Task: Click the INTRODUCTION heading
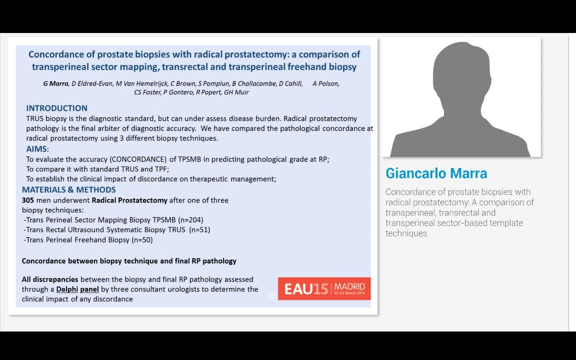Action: click(56, 108)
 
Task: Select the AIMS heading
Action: click(37, 149)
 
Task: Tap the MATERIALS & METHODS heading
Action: click(68, 189)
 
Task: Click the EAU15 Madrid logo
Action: click(324, 288)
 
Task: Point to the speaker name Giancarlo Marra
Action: click(436, 173)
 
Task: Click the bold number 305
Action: click(28, 200)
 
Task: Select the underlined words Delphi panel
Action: click(77, 289)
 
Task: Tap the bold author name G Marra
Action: click(55, 83)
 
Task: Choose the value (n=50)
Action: click(142, 239)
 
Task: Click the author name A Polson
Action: click(326, 83)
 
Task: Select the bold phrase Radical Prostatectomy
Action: click(129, 200)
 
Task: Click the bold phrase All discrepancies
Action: click(50, 279)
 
